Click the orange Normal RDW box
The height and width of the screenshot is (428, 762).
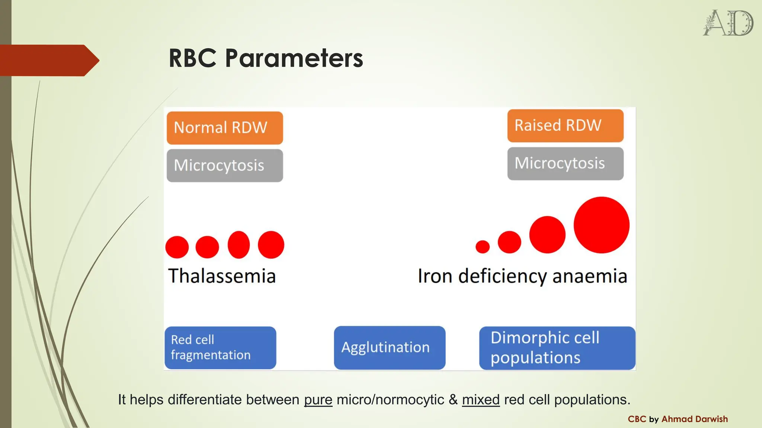click(x=225, y=128)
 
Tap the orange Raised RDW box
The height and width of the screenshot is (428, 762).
click(x=565, y=126)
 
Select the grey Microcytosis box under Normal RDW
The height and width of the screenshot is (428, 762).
click(x=225, y=166)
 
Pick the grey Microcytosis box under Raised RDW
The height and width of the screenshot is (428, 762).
click(x=565, y=163)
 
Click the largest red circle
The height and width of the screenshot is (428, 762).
click(x=601, y=225)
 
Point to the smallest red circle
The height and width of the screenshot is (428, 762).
click(x=483, y=247)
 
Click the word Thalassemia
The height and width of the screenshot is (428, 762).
click(x=222, y=276)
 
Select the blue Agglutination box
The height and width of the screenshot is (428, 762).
click(x=390, y=348)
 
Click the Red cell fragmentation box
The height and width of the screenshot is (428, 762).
click(x=220, y=348)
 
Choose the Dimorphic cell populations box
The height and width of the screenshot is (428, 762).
click(x=557, y=348)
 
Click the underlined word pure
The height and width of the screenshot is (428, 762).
click(x=318, y=400)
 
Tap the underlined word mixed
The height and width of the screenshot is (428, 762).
click(x=481, y=400)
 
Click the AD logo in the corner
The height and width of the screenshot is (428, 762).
click(x=728, y=23)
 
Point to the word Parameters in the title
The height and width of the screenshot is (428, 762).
click(x=294, y=59)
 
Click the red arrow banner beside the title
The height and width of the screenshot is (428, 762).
click(x=48, y=60)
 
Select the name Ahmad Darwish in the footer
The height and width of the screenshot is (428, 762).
click(x=694, y=419)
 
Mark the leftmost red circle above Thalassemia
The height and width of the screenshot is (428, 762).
click(x=177, y=247)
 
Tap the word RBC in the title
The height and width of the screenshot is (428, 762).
click(x=192, y=59)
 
